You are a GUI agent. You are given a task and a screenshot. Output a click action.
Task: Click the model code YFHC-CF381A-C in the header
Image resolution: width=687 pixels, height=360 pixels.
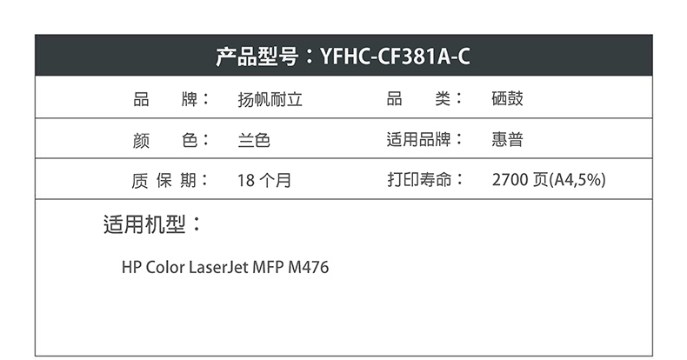[x=395, y=57]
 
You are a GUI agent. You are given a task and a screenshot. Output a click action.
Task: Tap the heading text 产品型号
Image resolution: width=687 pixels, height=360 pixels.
[x=257, y=57]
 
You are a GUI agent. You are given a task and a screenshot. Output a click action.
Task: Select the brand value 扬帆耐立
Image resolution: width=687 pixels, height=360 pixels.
[x=270, y=99]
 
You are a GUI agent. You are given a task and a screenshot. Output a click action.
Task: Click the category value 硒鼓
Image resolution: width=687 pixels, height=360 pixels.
[x=507, y=98]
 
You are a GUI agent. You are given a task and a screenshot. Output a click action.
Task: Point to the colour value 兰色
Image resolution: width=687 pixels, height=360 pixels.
[x=254, y=140]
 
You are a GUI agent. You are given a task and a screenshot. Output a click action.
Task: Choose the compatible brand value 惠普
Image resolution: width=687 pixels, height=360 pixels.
[x=507, y=140]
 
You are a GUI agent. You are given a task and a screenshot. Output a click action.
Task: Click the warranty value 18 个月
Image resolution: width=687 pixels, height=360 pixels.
[x=264, y=180]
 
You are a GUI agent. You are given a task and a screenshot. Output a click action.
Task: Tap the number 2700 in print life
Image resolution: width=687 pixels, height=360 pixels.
[x=510, y=179]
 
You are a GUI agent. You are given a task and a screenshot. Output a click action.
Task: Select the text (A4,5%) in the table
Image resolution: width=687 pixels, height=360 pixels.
[x=577, y=179]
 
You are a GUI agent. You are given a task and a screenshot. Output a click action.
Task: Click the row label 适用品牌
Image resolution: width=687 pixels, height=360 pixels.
[x=418, y=140]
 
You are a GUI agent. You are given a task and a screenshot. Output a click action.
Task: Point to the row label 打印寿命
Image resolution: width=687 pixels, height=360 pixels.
[x=419, y=179]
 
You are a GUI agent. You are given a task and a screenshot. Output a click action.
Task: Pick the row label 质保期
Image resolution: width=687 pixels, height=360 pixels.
[x=163, y=180]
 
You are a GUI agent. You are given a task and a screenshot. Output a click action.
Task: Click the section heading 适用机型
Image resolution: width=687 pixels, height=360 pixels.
[x=144, y=224]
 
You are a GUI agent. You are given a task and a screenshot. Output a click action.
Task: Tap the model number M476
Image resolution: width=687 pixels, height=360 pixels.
[x=309, y=267]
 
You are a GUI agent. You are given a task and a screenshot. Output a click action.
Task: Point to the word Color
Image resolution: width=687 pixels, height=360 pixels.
[x=164, y=267]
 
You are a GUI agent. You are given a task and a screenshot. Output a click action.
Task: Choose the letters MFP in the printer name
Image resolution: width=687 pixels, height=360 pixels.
[x=268, y=267]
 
